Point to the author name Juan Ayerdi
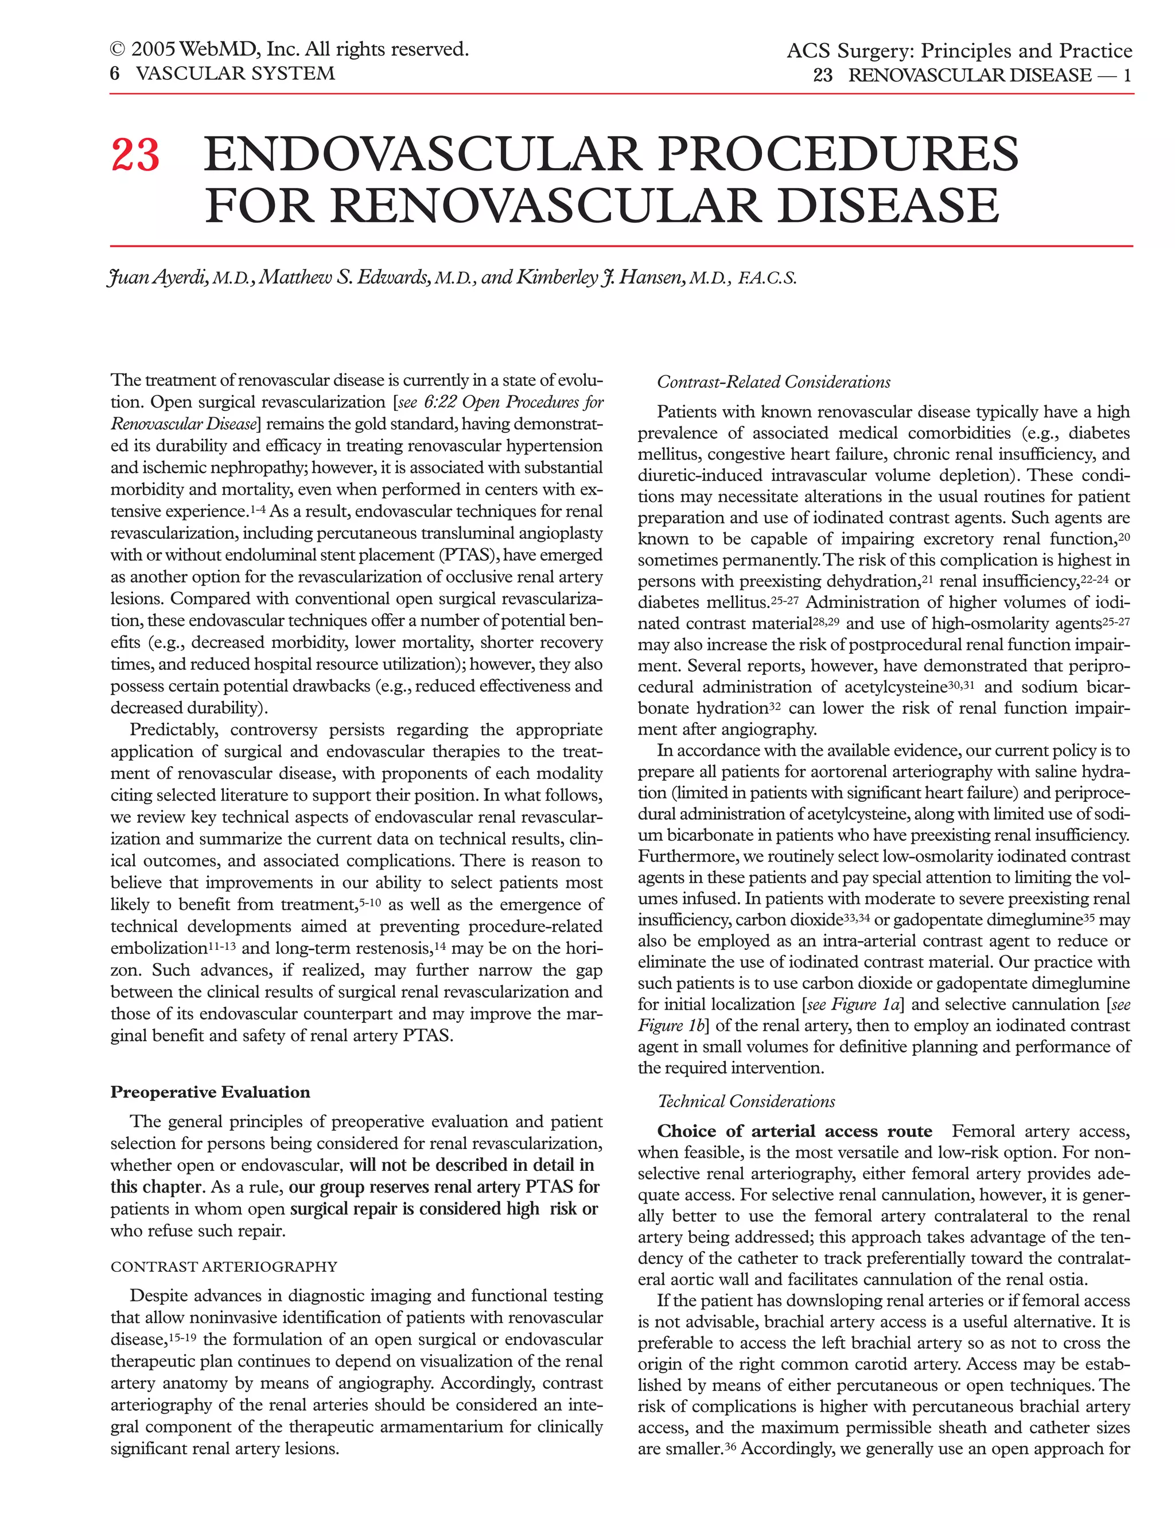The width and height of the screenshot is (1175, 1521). (x=159, y=278)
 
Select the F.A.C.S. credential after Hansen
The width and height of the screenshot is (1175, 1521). (x=767, y=280)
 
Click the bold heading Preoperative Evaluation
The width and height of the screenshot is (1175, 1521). (x=210, y=1092)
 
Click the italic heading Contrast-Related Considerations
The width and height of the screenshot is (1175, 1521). (x=773, y=382)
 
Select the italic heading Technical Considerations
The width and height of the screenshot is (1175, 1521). (x=746, y=1102)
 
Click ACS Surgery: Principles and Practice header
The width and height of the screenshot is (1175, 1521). (x=959, y=51)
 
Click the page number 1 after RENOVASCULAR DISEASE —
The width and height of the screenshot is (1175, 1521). (x=1127, y=75)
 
